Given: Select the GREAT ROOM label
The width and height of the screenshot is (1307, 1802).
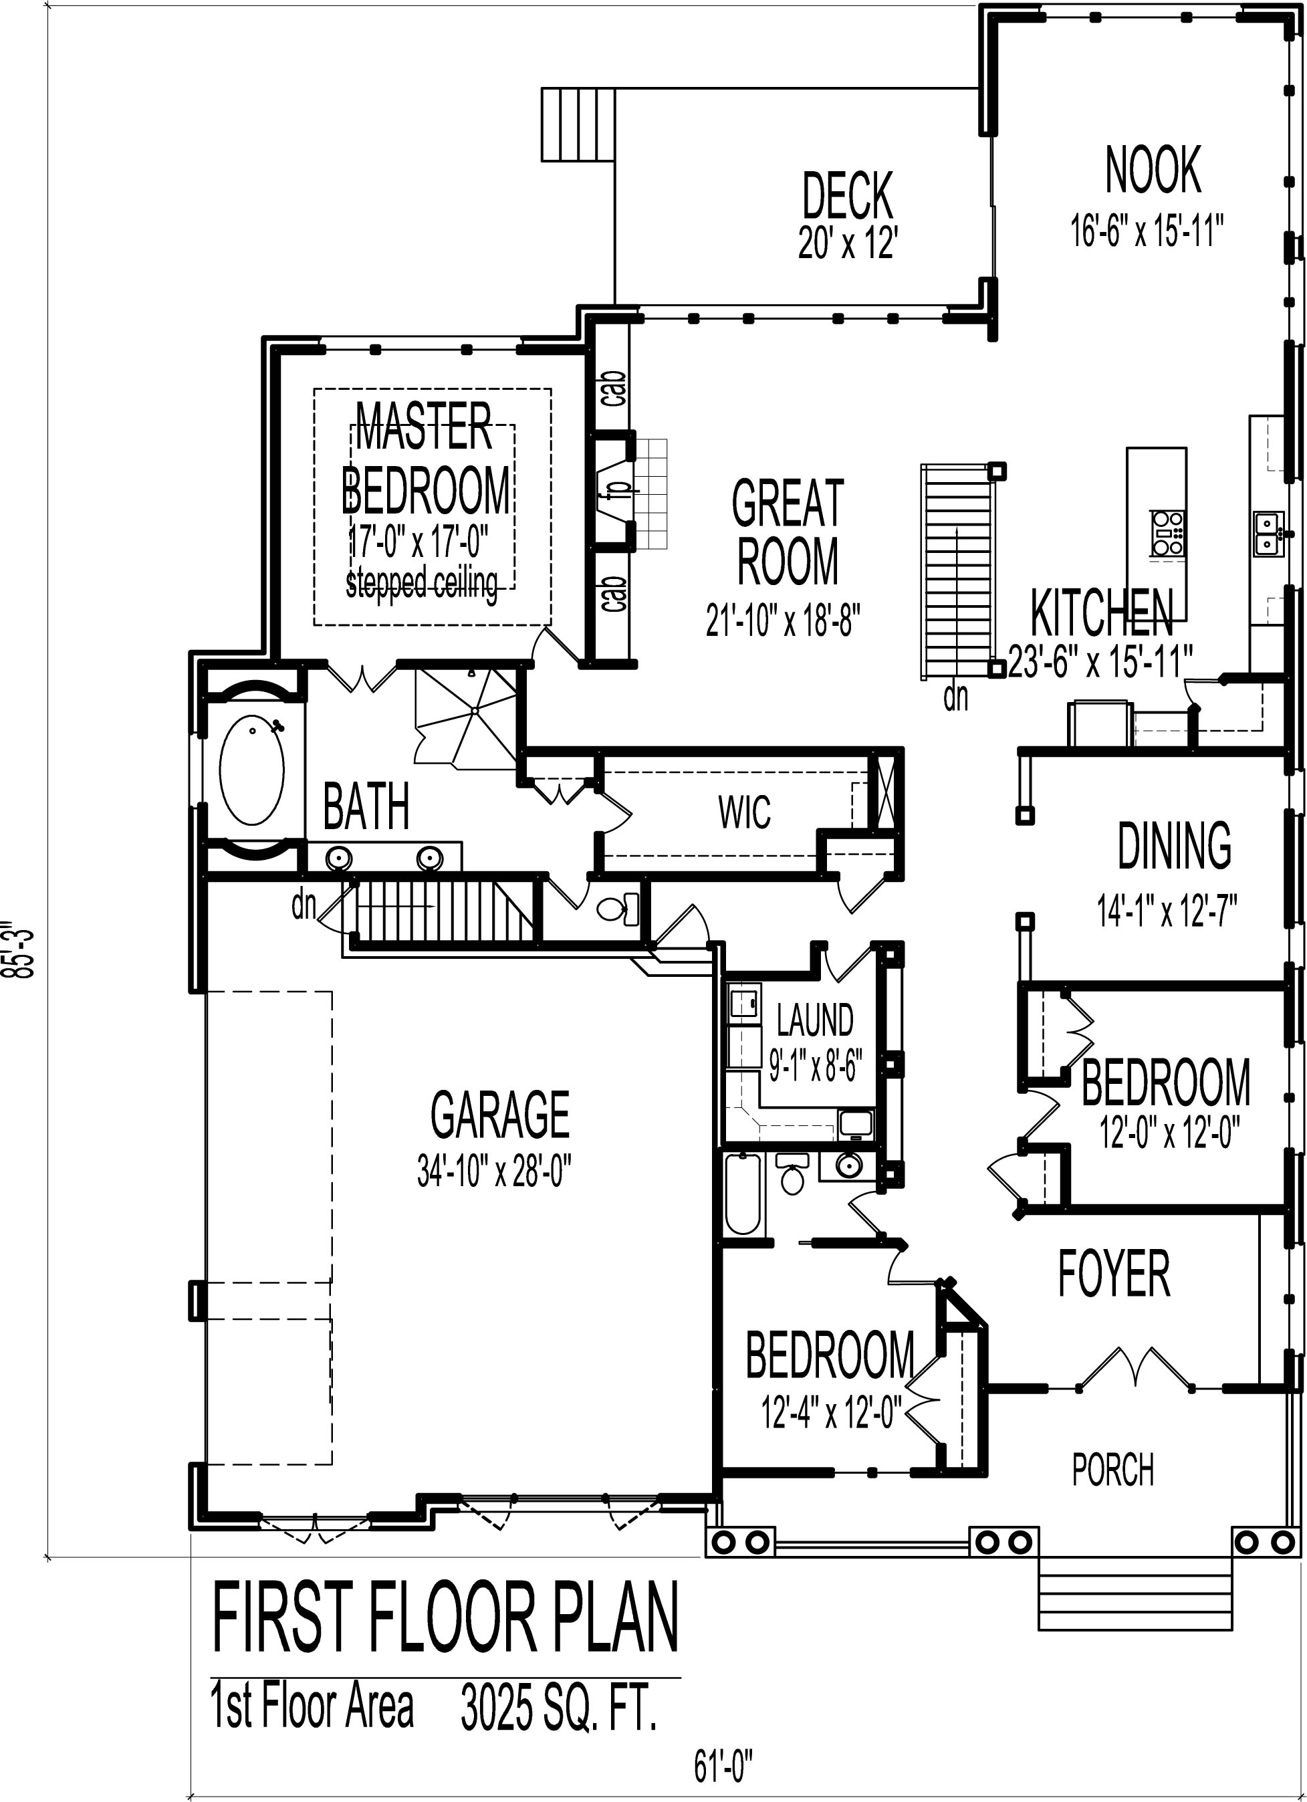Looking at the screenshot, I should point(787,531).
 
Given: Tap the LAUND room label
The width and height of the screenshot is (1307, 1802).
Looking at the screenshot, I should point(814,1020).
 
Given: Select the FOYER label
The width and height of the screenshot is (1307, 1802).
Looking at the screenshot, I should point(1113,1274).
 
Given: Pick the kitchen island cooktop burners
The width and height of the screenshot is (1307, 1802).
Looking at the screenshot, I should point(1165,532).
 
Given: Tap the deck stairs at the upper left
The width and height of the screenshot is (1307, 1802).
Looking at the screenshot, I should point(578,126).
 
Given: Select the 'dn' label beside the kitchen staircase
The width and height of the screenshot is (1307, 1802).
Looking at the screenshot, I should point(955,697).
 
